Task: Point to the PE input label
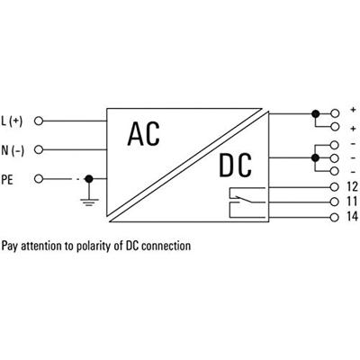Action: coord(11,177)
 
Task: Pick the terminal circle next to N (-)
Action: coord(39,148)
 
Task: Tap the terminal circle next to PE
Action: coord(39,177)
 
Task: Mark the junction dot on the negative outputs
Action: coord(314,157)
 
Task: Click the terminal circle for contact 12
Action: coord(334,187)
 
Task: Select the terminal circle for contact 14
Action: coord(334,218)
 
